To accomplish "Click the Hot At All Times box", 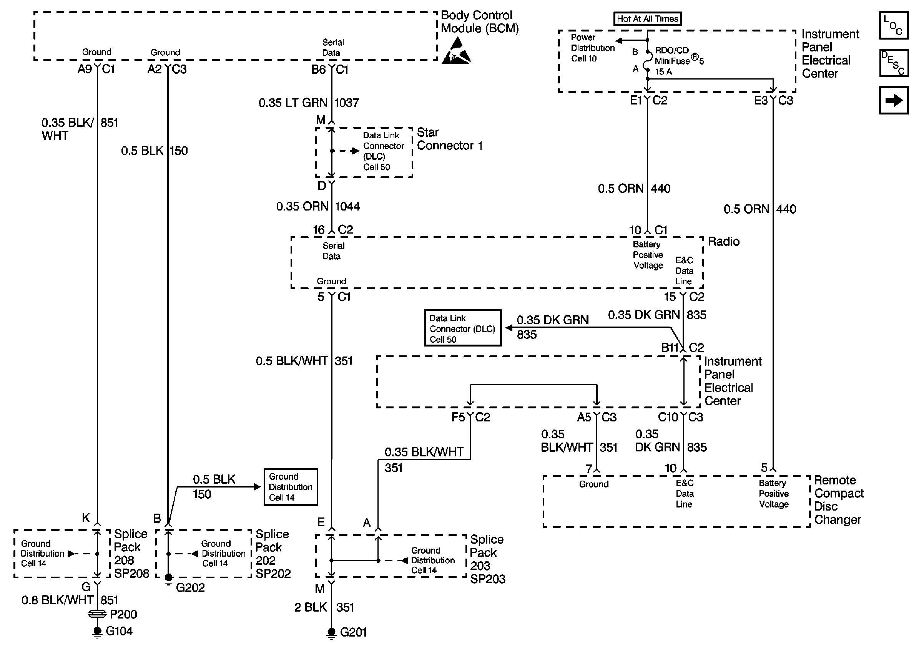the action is tap(647, 19).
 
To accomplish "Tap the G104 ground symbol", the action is tap(97, 632).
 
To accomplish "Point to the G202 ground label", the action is tap(190, 588).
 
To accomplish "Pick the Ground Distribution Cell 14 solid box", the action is tap(291, 487).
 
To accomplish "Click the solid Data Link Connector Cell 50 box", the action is tap(463, 328).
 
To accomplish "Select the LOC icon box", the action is tap(894, 25).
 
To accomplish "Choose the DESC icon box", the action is tap(894, 63).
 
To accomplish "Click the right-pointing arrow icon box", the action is tap(894, 100).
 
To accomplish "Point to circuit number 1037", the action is tap(347, 103).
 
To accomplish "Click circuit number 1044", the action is tap(347, 206).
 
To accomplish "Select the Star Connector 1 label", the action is tap(450, 139).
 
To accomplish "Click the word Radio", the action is tap(724, 241).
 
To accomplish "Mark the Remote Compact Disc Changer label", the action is tap(839, 500).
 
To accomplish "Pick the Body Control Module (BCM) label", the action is tap(480, 22).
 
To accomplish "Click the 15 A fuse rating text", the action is tap(663, 71).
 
